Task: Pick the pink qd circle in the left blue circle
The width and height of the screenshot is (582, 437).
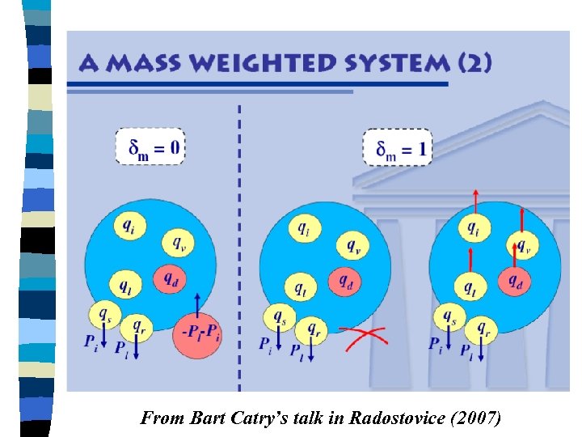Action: pyautogui.click(x=171, y=278)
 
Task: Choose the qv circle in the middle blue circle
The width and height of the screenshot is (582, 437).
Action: pyautogui.click(x=352, y=244)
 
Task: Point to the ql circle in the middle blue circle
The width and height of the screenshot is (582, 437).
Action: pyautogui.click(x=300, y=286)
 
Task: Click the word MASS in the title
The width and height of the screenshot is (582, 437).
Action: pyautogui.click(x=138, y=63)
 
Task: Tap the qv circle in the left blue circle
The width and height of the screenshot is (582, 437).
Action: pyautogui.click(x=177, y=242)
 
